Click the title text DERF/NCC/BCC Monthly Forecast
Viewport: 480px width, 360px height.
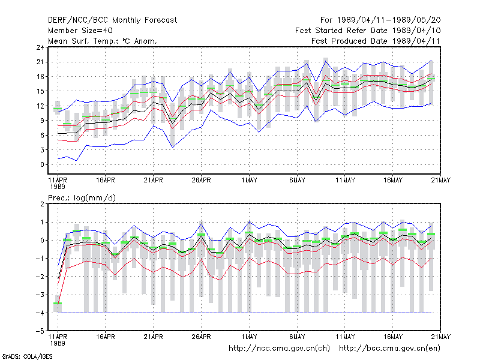[112, 20]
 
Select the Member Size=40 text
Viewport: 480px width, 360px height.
[80, 31]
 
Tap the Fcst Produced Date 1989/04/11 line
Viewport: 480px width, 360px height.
[376, 41]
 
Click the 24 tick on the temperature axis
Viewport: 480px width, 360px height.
[40, 47]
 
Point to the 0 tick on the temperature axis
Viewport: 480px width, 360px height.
[42, 164]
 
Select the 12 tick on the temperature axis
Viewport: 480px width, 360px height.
[40, 106]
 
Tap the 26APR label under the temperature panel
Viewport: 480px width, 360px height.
[201, 181]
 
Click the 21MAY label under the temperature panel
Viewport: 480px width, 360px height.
[440, 181]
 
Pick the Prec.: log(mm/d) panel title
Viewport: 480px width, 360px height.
[82, 198]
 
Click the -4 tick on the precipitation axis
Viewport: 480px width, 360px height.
[40, 313]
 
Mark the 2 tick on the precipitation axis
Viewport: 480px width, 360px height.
[42, 204]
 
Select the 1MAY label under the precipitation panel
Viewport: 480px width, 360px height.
[249, 337]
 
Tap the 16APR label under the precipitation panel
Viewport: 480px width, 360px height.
[106, 337]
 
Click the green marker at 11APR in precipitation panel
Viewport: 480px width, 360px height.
[58, 304]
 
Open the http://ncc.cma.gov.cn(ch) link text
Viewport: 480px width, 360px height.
[279, 349]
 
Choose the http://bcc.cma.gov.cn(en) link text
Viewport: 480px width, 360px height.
[389, 349]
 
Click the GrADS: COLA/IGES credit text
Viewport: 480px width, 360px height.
[28, 356]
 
